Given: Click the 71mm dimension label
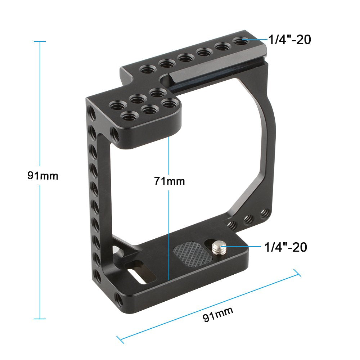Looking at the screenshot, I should tap(169, 181).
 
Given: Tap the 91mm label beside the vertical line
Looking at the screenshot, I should tap(42, 176).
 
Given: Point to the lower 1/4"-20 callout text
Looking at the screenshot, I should tap(285, 247).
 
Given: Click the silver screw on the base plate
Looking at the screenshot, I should tap(217, 247).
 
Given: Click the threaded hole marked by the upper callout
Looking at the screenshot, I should tap(240, 42).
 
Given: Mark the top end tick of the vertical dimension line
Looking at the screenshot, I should tap(40, 41).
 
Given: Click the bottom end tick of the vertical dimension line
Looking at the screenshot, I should tap(40, 319).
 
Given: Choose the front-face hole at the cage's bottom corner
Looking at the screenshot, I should tap(118, 298).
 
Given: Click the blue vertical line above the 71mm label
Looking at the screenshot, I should tap(168, 155).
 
